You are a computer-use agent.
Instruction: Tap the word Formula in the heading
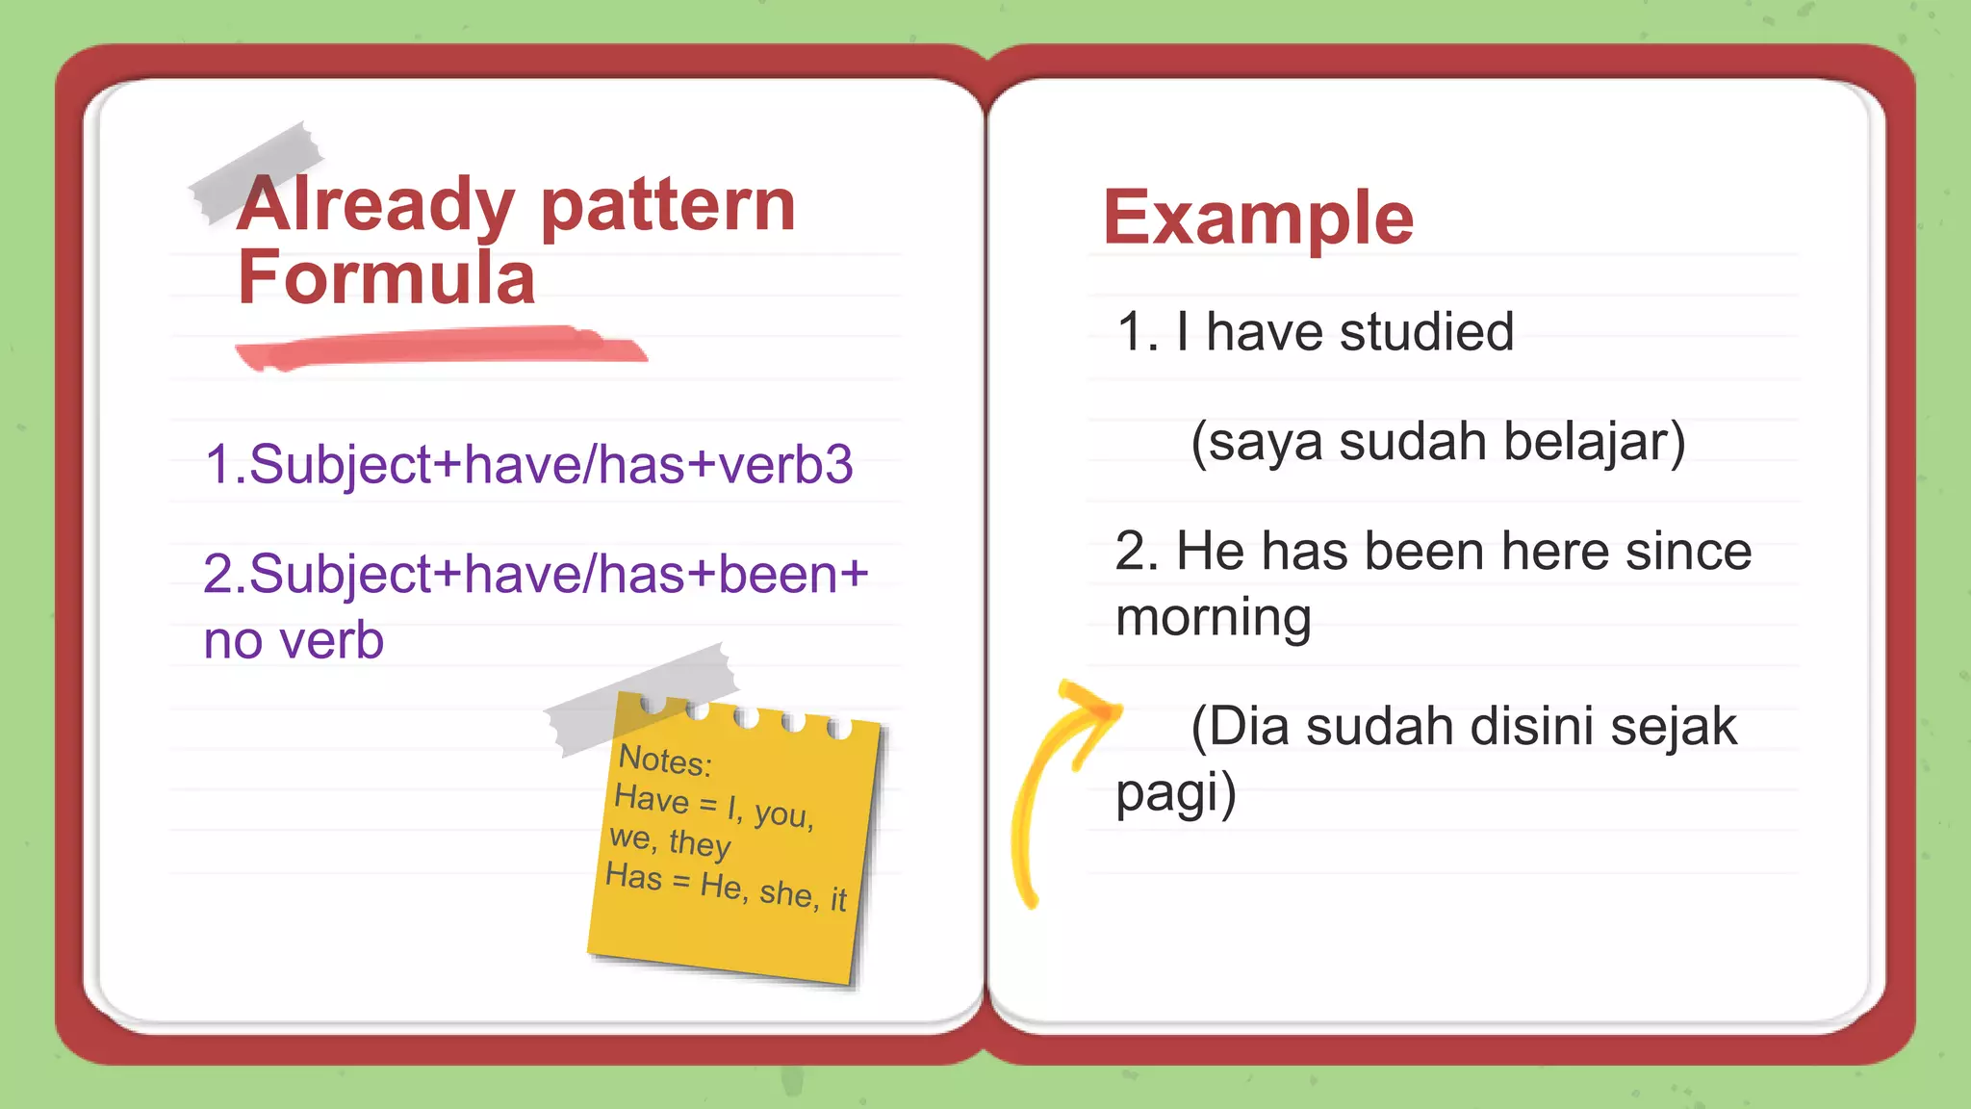point(386,278)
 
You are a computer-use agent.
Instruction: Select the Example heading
point(1258,219)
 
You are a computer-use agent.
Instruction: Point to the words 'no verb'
point(294,641)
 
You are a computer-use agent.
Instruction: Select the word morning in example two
point(1214,617)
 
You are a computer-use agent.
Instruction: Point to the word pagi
point(1175,792)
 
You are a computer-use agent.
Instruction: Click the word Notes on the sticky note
point(664,761)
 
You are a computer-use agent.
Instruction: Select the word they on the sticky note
point(700,844)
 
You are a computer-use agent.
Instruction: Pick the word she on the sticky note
point(786,892)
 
